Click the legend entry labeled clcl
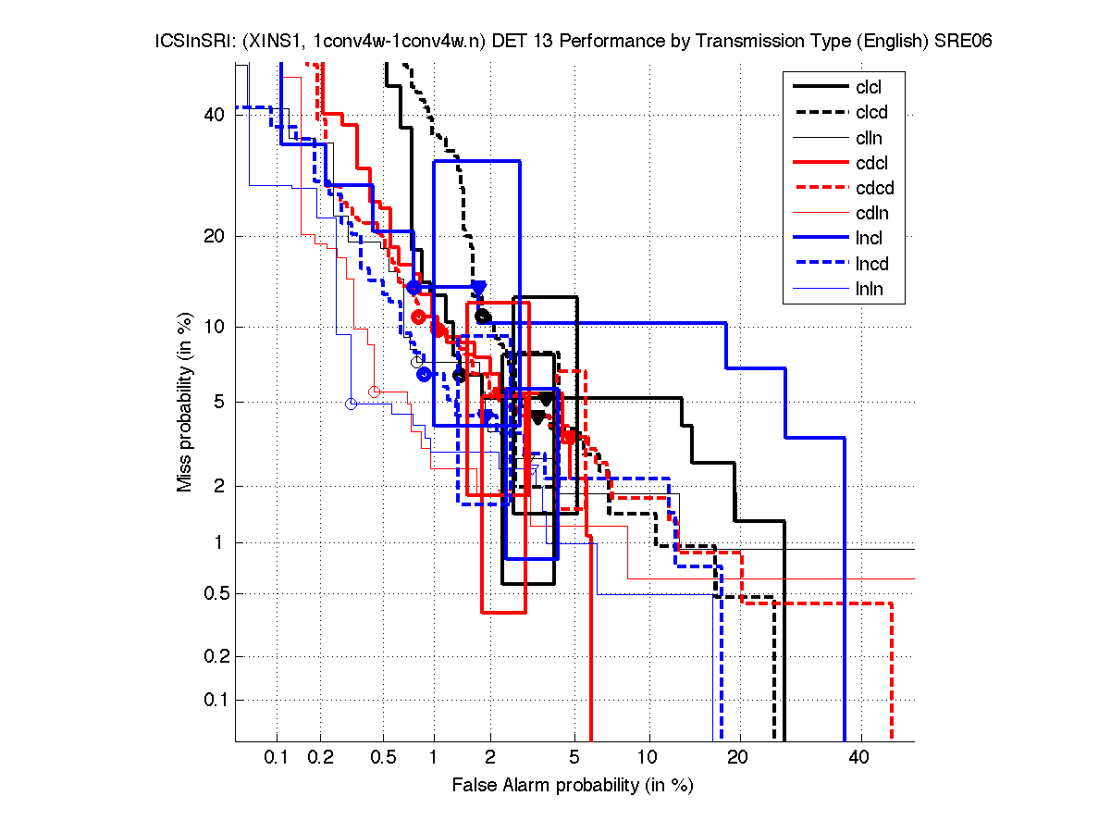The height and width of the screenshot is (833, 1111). tap(868, 87)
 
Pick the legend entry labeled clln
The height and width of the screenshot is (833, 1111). tap(869, 138)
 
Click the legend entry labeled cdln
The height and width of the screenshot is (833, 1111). tap(869, 214)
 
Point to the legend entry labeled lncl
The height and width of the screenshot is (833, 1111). tap(869, 239)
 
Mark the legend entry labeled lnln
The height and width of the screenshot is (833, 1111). tap(869, 289)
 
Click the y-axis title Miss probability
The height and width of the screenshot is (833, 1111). tap(185, 403)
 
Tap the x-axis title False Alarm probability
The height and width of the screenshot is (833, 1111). tap(573, 786)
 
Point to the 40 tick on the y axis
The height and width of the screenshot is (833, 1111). tap(214, 115)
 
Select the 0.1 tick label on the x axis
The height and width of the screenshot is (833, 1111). tap(277, 758)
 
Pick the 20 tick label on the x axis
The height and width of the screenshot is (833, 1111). tap(737, 758)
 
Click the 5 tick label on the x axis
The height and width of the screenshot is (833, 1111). tap(574, 758)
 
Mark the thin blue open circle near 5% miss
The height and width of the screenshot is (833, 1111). tap(351, 404)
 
